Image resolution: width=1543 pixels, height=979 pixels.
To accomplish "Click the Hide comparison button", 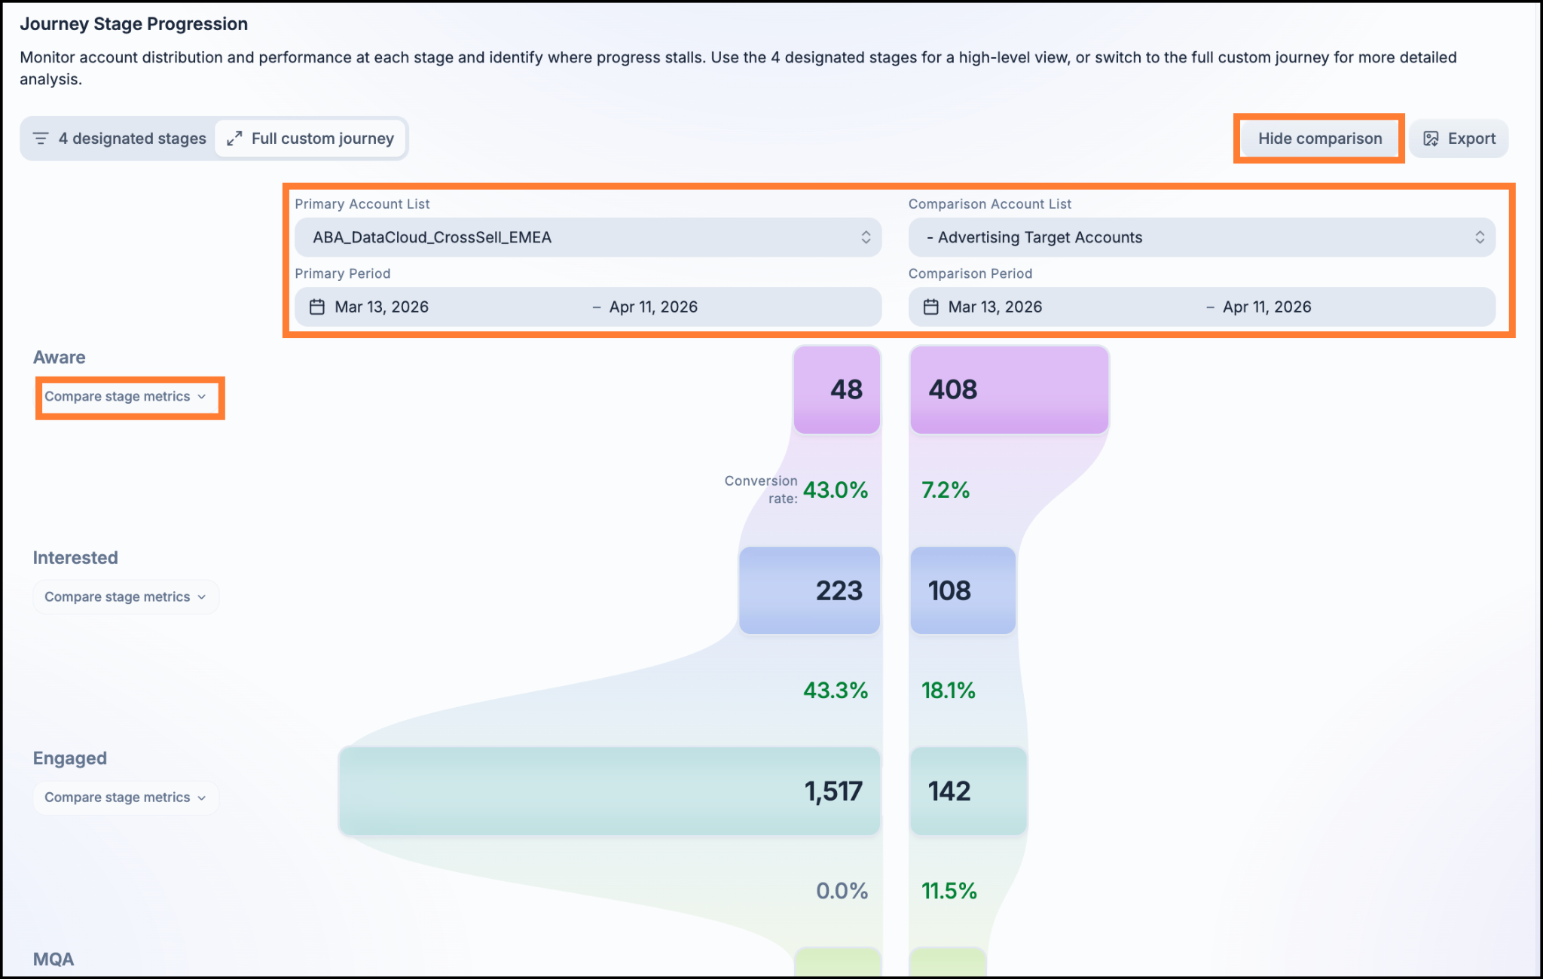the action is tap(1319, 139).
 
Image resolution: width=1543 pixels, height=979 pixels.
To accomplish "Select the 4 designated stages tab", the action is tap(119, 139).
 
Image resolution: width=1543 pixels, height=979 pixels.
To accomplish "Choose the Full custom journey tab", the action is tap(310, 139).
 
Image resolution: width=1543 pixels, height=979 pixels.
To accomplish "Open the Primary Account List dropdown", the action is tap(588, 237).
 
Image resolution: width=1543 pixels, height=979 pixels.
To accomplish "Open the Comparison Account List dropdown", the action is tap(1202, 237).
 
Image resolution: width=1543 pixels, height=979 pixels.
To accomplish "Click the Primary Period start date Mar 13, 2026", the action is tap(381, 307).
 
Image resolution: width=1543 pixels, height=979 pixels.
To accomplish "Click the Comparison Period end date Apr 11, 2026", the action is tap(1267, 307).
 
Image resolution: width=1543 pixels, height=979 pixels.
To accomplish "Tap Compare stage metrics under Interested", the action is tap(125, 597).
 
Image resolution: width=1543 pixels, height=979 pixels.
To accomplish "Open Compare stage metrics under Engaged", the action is tap(125, 798).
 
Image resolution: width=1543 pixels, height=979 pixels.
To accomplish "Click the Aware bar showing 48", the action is tap(837, 389).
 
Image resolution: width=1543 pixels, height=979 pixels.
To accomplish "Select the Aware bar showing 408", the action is tap(1010, 389).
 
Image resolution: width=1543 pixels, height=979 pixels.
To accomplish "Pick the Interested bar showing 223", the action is tap(810, 590).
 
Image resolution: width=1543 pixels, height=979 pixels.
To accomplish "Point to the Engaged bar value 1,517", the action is tap(833, 791).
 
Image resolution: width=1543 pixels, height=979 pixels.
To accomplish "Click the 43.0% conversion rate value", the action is tap(836, 490).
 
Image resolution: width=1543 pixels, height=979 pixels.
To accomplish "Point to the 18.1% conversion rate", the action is tap(949, 691).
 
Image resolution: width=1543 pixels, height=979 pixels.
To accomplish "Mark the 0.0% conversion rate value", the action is tap(842, 891).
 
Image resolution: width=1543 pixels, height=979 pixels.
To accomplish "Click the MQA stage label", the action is tap(53, 959).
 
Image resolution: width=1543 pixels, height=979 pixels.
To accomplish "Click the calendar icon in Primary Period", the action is tap(317, 307).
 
